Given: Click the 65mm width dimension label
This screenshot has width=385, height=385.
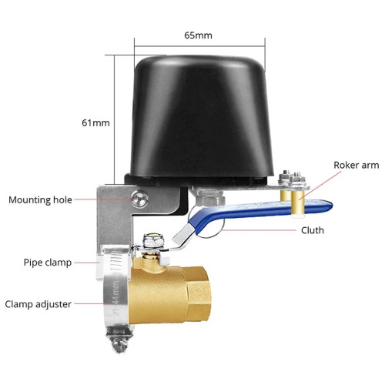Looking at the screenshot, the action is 198,35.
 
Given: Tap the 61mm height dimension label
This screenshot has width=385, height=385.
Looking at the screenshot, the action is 95,123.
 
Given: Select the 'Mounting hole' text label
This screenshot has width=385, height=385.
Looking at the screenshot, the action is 40,200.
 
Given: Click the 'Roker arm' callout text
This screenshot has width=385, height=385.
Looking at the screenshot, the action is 357,165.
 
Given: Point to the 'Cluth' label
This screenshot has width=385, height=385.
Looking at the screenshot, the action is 313,230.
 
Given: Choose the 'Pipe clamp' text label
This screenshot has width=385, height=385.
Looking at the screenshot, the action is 48,263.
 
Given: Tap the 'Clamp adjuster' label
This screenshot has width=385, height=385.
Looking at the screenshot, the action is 38,304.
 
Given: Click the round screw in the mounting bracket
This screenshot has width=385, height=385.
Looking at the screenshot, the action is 140,199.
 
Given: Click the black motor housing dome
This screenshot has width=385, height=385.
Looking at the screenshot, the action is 202,117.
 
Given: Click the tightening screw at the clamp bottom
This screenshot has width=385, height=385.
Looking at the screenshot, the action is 120,345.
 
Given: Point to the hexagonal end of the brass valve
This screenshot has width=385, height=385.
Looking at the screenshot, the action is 199,295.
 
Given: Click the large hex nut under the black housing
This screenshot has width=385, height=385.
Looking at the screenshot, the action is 210,197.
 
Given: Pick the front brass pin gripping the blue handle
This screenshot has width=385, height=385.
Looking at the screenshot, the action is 298,204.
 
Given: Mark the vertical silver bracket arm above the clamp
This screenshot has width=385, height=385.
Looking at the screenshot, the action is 115,218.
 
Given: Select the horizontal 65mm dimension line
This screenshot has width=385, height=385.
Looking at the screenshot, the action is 199,46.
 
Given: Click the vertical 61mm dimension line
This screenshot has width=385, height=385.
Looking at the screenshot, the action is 114,119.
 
